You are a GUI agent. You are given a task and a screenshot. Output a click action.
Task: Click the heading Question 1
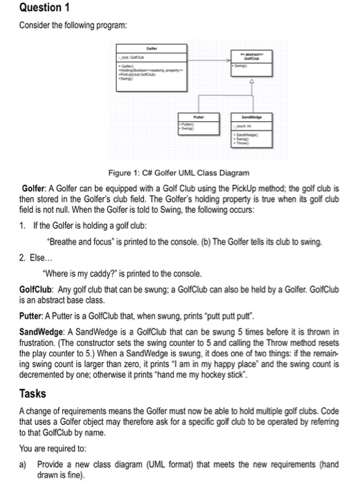(x=31, y=9)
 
